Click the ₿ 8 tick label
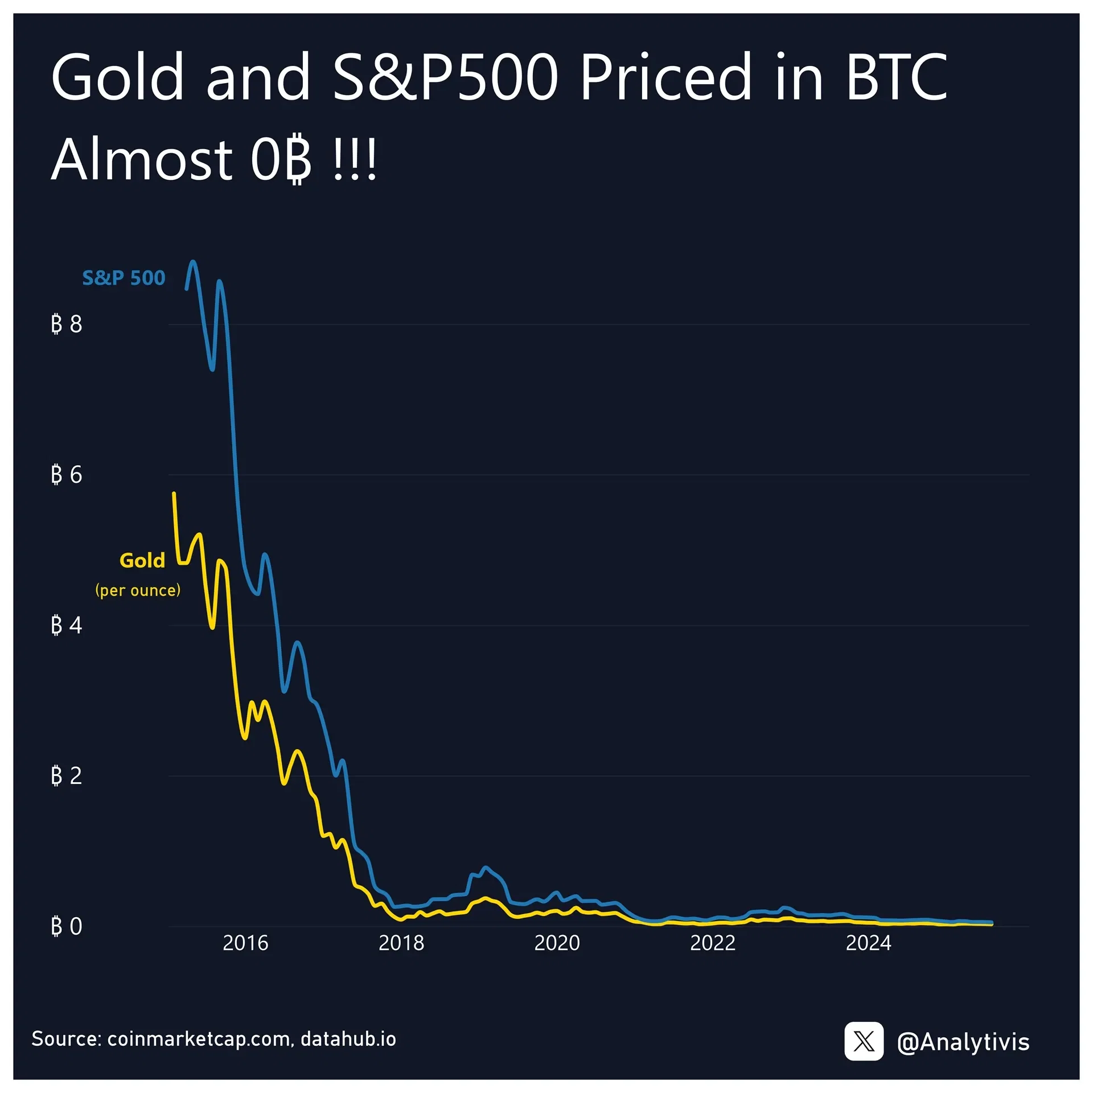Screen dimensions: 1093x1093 coord(67,324)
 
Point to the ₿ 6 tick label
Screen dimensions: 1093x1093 coord(67,475)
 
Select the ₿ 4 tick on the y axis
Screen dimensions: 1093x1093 coord(67,625)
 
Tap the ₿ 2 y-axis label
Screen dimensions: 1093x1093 coord(67,776)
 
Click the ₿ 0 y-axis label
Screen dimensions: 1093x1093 coord(67,926)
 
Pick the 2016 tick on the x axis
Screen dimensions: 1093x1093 coord(245,943)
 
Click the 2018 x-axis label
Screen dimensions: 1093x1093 coord(401,943)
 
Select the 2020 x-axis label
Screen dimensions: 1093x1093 coord(557,943)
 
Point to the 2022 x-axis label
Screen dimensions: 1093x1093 coord(713,943)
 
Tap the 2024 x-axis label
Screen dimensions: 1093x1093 coord(868,943)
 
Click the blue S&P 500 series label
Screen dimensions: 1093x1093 coord(124,278)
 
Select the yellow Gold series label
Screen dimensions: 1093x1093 coord(142,561)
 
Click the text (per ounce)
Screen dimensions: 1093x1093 coord(138,590)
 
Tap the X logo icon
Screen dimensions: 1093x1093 coord(864,1042)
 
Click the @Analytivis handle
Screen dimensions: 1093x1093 coord(963,1042)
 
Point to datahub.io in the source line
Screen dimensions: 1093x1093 coord(348,1039)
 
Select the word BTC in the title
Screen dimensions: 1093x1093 coord(897,77)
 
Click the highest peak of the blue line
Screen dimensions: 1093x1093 coord(193,261)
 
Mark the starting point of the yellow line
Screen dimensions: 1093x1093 coord(174,493)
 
